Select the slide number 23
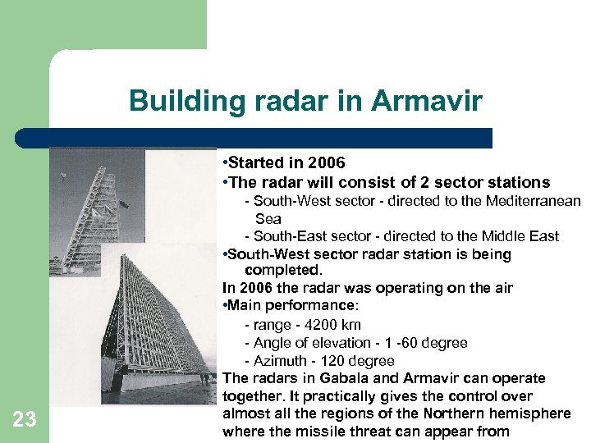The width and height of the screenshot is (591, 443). (x=25, y=420)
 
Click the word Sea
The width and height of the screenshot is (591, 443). (x=268, y=219)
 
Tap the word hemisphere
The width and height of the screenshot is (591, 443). (x=536, y=413)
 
